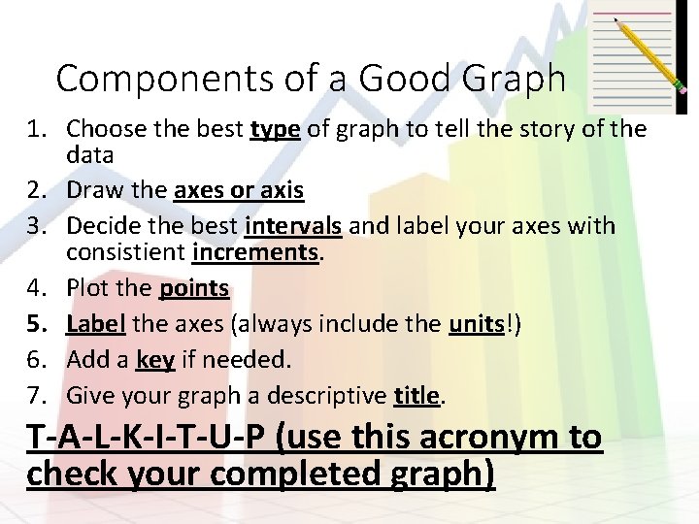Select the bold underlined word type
tap(275, 129)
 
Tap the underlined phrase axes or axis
tap(239, 190)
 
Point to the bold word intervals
tap(293, 226)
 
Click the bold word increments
tap(256, 252)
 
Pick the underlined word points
tap(194, 288)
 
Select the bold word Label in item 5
tap(96, 323)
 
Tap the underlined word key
tap(155, 359)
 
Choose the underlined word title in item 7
tap(417, 395)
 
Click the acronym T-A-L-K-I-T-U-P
tap(147, 439)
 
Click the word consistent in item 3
tap(126, 252)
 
